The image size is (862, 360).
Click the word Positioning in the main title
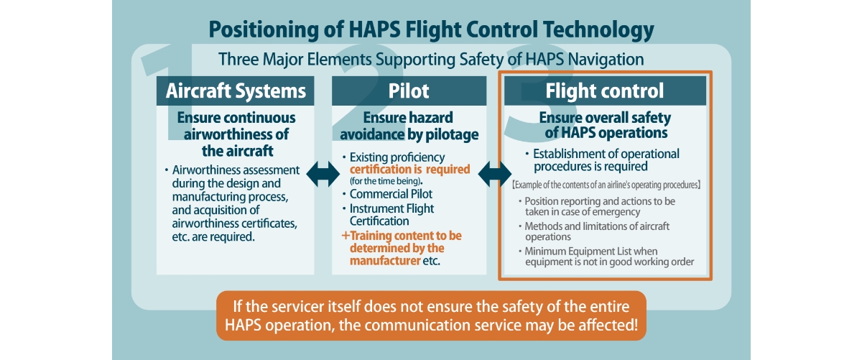click(264, 30)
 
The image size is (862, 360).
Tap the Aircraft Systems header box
click(235, 91)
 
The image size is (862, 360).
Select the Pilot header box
click(409, 91)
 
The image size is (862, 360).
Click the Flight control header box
click(605, 91)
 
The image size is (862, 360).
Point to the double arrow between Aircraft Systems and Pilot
click(323, 174)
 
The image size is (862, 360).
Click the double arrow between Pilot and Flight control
click(495, 174)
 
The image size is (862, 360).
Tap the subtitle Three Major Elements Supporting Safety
click(431, 60)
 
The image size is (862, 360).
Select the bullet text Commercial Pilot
click(391, 194)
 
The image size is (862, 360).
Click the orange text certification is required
click(410, 170)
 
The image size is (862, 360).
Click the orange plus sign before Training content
click(346, 235)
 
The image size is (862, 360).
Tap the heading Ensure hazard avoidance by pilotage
click(409, 126)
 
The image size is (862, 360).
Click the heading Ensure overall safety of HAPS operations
click(606, 125)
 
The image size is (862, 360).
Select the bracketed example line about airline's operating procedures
click(606, 185)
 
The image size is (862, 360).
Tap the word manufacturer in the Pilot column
click(385, 261)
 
